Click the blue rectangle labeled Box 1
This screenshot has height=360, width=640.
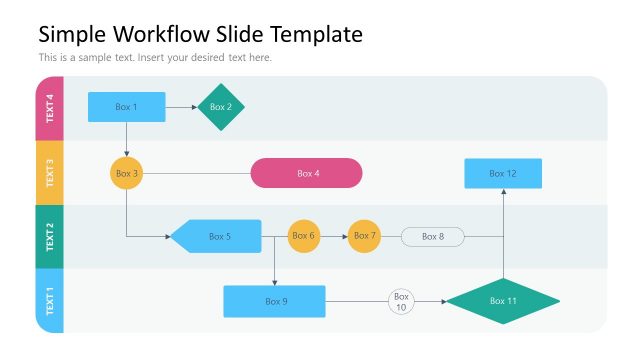[126, 107]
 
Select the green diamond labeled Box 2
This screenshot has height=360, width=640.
[221, 107]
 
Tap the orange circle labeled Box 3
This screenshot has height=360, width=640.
[126, 173]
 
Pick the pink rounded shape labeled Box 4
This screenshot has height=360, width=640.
[306, 173]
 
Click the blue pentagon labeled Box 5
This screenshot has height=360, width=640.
[217, 236]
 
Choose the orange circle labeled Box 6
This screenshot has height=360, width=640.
[304, 236]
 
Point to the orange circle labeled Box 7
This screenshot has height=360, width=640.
[365, 236]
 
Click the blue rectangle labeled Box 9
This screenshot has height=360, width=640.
[274, 301]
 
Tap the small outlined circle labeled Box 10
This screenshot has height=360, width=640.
[401, 301]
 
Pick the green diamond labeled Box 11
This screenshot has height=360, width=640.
[502, 301]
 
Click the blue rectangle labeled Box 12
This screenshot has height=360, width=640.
[503, 173]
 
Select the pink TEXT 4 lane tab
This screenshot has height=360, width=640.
[50, 108]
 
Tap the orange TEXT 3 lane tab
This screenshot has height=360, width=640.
[50, 173]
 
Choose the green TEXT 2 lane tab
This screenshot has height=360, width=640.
[50, 237]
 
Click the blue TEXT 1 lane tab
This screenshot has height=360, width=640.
[50, 301]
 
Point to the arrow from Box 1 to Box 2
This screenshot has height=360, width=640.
[181, 107]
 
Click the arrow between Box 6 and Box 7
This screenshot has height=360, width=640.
[334, 236]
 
